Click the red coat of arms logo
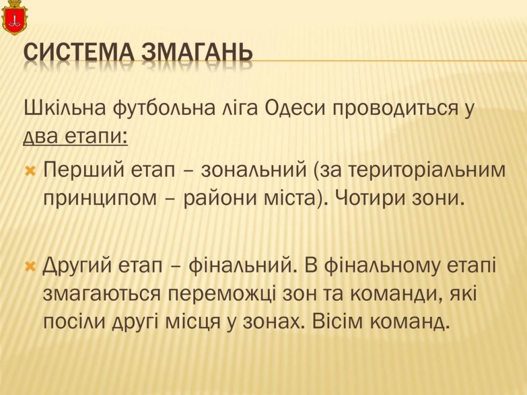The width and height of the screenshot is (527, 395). [x=14, y=17]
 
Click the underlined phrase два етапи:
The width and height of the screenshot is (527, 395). [x=76, y=137]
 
